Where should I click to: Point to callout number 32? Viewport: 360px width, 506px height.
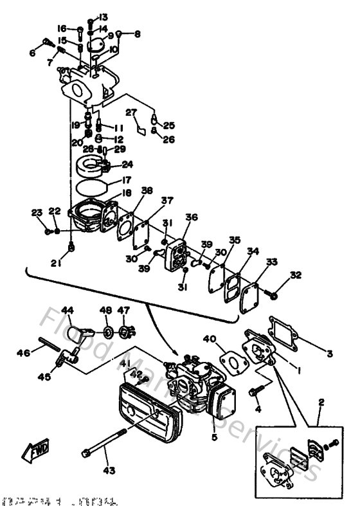pyautogui.click(x=295, y=275)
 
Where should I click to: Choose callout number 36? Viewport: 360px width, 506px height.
pyautogui.click(x=191, y=217)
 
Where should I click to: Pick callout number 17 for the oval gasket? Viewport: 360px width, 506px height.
pyautogui.click(x=127, y=181)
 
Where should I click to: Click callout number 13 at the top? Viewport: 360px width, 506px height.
pyautogui.click(x=104, y=17)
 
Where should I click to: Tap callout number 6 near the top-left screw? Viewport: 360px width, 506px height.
pyautogui.click(x=32, y=53)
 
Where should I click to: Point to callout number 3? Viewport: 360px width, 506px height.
pyautogui.click(x=329, y=353)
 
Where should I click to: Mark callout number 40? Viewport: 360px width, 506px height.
pyautogui.click(x=210, y=339)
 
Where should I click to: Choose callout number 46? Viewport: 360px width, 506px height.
pyautogui.click(x=22, y=352)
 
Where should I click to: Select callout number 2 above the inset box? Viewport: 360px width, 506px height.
pyautogui.click(x=321, y=403)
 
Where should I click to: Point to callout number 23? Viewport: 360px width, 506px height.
pyautogui.click(x=36, y=212)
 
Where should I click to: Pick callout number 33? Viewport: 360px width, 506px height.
pyautogui.click(x=272, y=262)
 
